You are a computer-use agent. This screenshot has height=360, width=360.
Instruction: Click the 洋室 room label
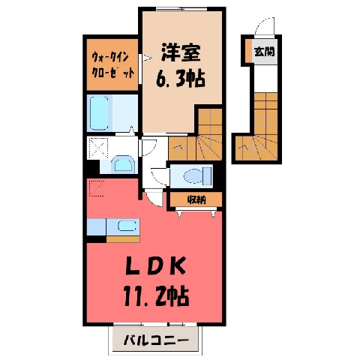click(x=181, y=52)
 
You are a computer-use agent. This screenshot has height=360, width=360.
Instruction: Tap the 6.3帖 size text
click(x=181, y=78)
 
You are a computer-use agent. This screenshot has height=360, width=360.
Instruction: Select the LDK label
click(x=156, y=265)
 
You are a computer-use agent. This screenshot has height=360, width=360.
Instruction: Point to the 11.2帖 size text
click(x=156, y=296)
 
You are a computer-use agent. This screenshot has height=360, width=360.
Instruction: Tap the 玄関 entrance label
click(x=265, y=52)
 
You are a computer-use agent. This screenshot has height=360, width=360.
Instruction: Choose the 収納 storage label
click(x=196, y=199)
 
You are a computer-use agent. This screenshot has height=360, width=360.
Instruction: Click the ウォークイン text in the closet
click(x=110, y=58)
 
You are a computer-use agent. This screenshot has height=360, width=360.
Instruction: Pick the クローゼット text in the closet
click(x=113, y=73)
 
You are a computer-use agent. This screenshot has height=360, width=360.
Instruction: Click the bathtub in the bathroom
click(x=99, y=113)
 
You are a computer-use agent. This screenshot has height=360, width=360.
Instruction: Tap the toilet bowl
click(x=197, y=175)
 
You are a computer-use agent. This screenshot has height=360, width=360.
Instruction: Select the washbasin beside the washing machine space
click(x=123, y=164)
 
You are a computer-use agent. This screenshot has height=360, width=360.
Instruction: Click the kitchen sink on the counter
click(x=127, y=226)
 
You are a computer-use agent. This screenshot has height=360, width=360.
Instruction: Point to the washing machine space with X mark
click(x=97, y=148)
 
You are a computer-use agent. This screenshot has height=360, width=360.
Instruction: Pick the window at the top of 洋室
click(x=181, y=9)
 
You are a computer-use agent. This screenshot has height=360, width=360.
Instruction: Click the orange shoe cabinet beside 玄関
click(x=248, y=50)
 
